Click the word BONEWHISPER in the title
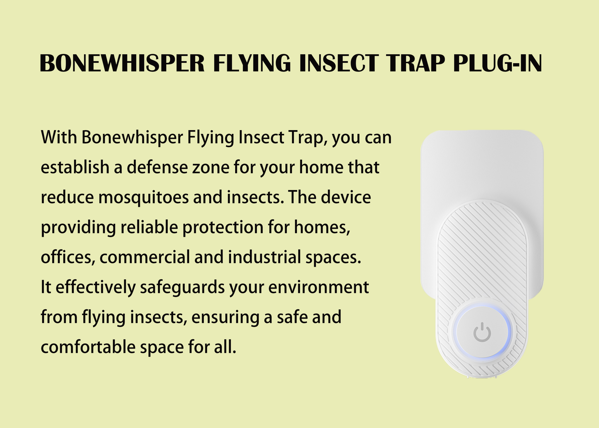click(x=122, y=63)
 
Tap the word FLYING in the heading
click(x=252, y=63)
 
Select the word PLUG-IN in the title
click(x=497, y=63)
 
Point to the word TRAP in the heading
click(x=416, y=63)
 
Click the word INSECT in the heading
click(x=339, y=63)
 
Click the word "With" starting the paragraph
click(x=59, y=137)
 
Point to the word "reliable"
click(x=149, y=227)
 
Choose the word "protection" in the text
click(x=223, y=227)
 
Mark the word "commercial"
click(x=145, y=257)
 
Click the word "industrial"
click(x=265, y=257)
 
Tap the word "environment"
click(x=318, y=287)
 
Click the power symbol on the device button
click(x=482, y=332)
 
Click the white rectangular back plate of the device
click(x=482, y=163)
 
